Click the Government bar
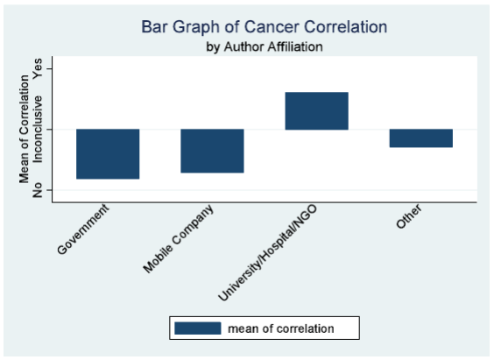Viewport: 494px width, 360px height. coord(108,154)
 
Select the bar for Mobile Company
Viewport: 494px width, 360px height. coord(212,151)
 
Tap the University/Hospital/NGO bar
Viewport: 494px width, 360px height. coord(316,111)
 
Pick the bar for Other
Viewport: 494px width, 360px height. coord(421,138)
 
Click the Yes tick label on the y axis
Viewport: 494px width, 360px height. coord(38,68)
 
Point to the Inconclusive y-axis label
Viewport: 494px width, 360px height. coord(38,130)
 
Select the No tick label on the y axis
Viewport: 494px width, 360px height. coord(38,190)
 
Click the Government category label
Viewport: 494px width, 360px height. coord(83,229)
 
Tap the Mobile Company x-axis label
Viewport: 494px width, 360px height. coord(178,239)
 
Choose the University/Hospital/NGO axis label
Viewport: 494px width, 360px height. coord(267,252)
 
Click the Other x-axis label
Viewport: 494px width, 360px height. coord(409,216)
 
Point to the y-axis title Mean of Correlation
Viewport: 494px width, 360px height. coord(25,130)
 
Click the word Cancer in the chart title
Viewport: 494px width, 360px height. coord(272,27)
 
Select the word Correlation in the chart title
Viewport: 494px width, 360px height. coord(346,27)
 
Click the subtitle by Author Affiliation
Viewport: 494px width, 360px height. coord(265,47)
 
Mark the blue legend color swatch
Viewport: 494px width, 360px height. coord(198,328)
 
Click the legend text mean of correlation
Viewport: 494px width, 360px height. coord(280,328)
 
